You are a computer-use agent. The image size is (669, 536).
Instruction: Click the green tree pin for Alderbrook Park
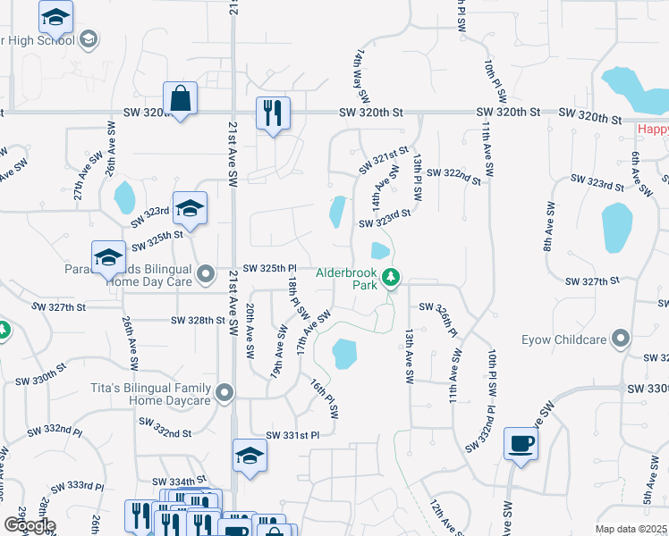(390, 278)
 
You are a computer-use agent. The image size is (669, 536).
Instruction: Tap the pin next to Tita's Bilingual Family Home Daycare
(224, 390)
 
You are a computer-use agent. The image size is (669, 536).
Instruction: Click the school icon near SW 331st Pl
(250, 456)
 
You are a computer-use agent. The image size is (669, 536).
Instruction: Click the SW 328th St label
(197, 320)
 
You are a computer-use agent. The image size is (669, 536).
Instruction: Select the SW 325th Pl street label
(269, 268)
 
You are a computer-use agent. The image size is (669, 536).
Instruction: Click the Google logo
(29, 525)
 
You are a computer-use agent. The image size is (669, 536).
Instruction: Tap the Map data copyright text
(631, 529)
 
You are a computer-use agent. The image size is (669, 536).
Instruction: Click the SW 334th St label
(184, 481)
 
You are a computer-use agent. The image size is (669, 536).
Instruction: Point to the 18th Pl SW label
(298, 298)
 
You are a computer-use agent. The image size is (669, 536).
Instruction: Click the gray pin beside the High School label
(88, 38)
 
